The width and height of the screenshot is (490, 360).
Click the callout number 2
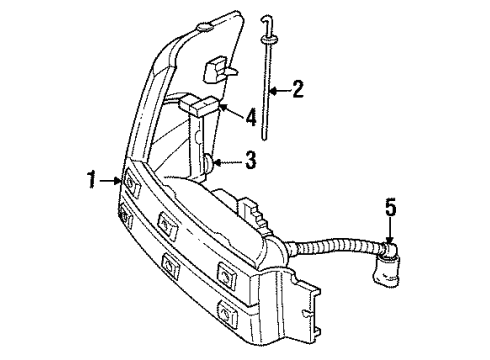coord(297,90)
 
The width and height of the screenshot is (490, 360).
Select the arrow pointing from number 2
coord(278,90)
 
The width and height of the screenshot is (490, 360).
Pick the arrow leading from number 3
coord(227,159)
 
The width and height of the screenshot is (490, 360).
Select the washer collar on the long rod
coord(269,40)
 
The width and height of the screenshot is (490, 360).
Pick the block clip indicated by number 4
coord(205,104)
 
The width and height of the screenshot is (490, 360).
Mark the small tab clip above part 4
coord(216,69)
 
